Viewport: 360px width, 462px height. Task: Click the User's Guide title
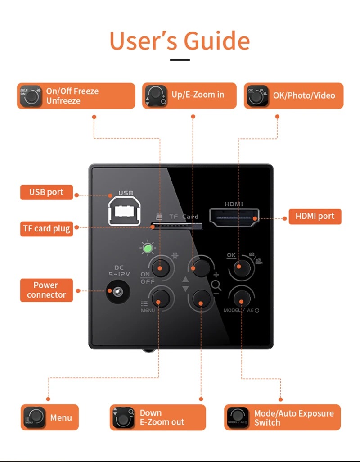180,41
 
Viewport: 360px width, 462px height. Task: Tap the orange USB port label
46,192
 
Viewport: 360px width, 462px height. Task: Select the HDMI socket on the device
234,219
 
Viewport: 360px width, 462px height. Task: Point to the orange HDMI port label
315,216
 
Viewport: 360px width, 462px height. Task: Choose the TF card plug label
47,228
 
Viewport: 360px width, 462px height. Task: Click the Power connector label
46,290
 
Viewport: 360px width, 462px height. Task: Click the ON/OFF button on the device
160,268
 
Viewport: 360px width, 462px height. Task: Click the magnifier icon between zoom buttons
216,284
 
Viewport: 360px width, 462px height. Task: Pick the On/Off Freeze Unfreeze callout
76,96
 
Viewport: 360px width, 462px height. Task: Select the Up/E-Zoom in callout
189,95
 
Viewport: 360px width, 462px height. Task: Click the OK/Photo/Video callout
293,95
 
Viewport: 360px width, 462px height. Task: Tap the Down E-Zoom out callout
158,417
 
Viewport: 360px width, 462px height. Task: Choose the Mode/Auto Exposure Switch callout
282,417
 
